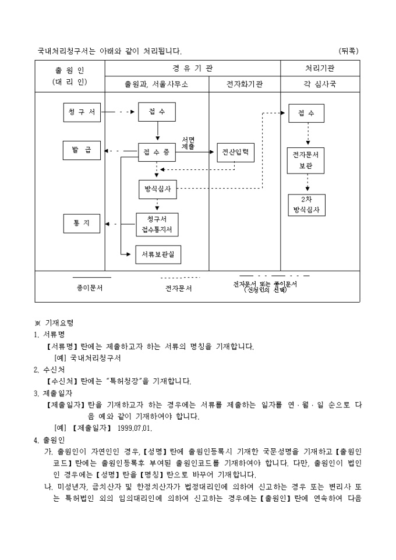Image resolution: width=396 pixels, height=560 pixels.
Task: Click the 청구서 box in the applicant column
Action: point(82,112)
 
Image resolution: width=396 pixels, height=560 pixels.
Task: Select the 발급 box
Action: point(82,150)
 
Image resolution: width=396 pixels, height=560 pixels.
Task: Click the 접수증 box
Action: point(157,153)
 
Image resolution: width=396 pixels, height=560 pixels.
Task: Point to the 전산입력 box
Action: point(236,153)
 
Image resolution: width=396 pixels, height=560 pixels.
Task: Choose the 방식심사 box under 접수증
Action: point(157,189)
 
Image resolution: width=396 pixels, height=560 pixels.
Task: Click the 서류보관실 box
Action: point(158,254)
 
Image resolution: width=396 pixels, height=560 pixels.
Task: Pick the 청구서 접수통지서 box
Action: point(157,224)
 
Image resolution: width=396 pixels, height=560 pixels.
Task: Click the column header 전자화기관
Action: point(245,84)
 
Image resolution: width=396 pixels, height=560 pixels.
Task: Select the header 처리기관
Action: point(320,68)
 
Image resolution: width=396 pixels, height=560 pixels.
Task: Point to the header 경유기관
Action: point(192,68)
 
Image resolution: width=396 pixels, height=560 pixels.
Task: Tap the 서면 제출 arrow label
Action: point(188,144)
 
